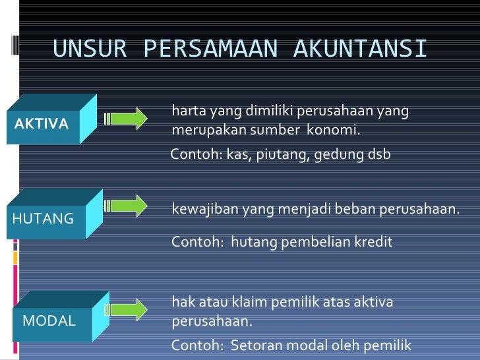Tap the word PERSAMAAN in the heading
[x=209, y=49]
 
